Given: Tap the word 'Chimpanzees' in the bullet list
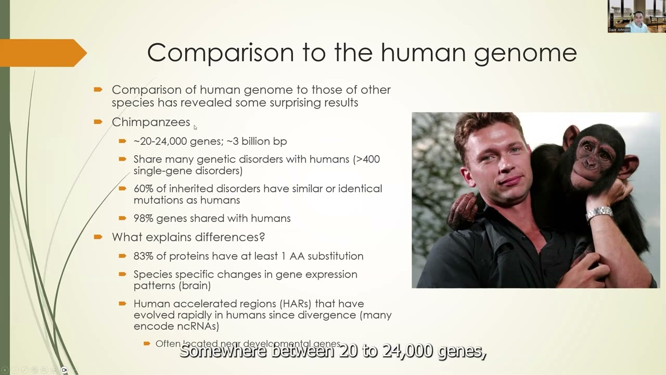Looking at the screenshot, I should [x=151, y=122].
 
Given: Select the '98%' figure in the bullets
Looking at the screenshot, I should [x=143, y=218].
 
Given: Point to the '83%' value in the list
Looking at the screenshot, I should [x=143, y=256].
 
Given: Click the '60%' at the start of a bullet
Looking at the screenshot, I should [x=143, y=189].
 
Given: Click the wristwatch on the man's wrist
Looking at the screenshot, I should [x=599, y=213].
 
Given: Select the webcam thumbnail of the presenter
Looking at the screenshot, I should [x=636, y=17].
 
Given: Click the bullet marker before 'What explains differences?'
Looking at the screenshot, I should [x=98, y=237].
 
